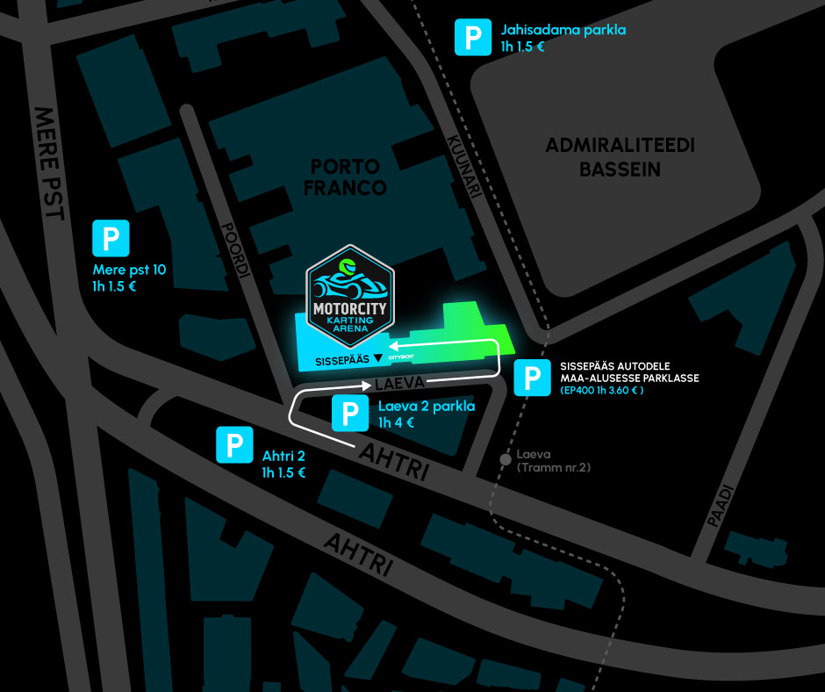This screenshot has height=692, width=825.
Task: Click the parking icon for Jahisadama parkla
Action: click(x=472, y=38)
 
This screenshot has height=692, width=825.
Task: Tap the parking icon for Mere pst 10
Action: click(x=111, y=238)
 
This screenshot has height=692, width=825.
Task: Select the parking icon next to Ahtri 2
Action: click(x=234, y=445)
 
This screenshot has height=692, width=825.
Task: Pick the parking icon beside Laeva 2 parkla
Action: click(x=350, y=413)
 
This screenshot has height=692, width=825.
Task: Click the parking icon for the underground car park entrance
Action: click(x=532, y=378)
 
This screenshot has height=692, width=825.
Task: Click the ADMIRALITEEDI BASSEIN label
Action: click(x=620, y=158)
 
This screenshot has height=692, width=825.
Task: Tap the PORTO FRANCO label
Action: click(x=348, y=177)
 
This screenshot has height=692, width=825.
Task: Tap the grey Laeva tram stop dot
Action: click(x=506, y=458)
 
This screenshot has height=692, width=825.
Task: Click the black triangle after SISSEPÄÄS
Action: click(x=377, y=358)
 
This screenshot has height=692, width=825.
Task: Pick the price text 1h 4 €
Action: click(x=396, y=422)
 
